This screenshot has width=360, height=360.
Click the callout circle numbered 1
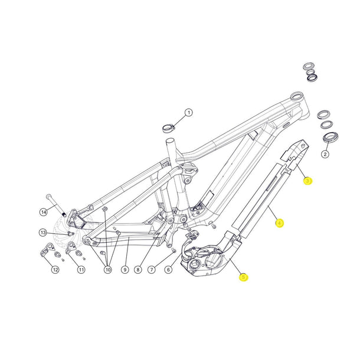[x=189, y=112]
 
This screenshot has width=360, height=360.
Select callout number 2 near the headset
[x=325, y=155]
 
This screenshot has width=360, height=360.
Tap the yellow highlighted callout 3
[x=307, y=181]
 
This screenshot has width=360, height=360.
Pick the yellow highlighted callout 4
[x=280, y=223]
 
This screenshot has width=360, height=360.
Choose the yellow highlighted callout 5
[x=243, y=276]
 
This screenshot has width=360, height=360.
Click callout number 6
[x=168, y=270]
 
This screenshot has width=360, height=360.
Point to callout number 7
[x=152, y=270]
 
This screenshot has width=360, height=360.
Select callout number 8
[x=138, y=270]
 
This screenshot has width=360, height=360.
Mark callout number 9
[x=125, y=270]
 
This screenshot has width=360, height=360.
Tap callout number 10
[x=107, y=270]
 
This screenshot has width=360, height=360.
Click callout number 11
[x=81, y=270]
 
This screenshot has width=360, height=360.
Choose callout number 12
[x=55, y=270]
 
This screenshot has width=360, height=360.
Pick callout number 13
[x=43, y=232]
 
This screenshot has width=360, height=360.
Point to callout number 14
[x=43, y=211]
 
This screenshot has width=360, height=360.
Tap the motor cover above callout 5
[x=204, y=260]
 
